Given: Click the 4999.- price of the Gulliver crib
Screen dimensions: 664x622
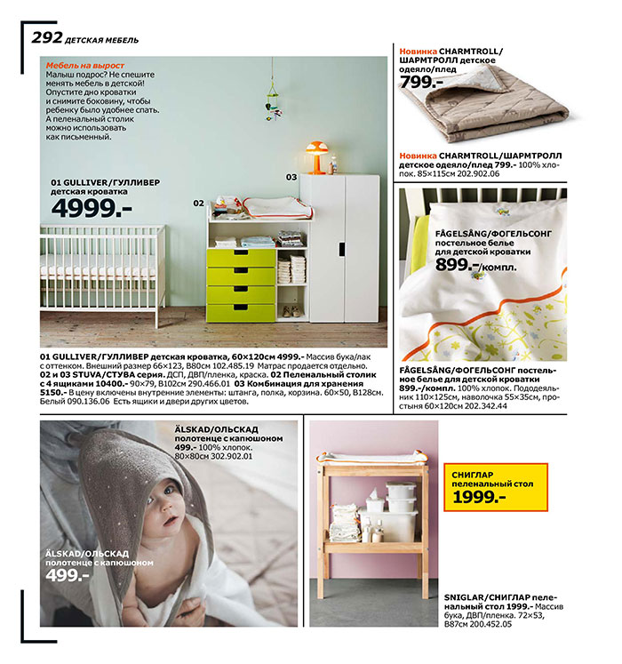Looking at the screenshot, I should pyautogui.click(x=91, y=208).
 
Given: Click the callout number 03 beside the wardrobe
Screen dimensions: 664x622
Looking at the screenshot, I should pyautogui.click(x=291, y=177).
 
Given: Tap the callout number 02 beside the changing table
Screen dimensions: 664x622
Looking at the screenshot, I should pyautogui.click(x=199, y=203).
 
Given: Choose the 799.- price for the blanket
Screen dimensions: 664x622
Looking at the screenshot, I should pyautogui.click(x=421, y=82).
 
